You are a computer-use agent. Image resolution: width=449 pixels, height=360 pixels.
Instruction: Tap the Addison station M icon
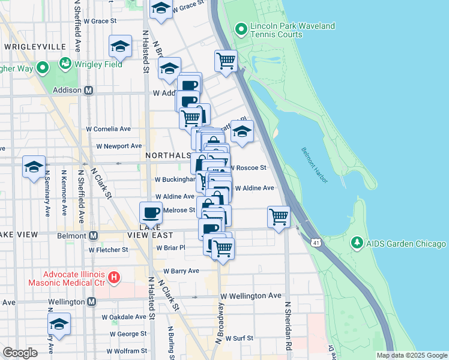88,90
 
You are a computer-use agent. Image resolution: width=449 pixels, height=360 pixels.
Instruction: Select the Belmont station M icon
93,236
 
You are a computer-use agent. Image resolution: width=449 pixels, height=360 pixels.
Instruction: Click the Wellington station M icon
91,302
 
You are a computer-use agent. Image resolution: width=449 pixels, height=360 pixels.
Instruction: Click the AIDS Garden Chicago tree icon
357,243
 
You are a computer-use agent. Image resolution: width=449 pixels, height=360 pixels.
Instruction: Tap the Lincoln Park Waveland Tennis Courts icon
241,29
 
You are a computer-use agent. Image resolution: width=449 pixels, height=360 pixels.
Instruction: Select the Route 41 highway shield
316,241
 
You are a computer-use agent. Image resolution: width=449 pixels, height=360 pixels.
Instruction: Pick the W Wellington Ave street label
250,296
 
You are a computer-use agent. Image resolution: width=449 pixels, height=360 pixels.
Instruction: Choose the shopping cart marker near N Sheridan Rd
279,217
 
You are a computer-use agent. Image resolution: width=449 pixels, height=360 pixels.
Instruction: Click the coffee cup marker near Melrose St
151,212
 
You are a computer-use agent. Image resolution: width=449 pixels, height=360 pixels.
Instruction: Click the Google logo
20,353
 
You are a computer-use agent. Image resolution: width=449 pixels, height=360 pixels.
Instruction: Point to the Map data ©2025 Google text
412,355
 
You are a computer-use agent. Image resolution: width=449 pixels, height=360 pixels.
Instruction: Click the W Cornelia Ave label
109,128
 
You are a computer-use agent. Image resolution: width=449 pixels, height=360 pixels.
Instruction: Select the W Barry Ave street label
181,271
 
